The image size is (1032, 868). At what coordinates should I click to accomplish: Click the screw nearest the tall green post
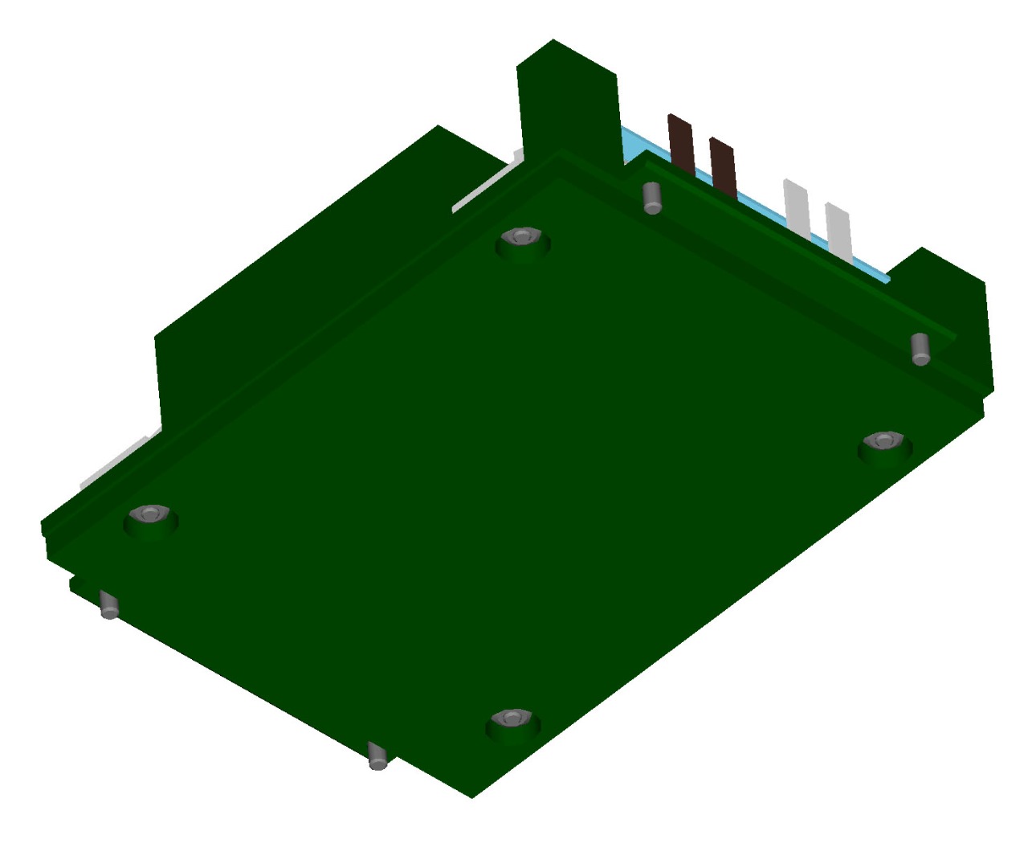point(522,238)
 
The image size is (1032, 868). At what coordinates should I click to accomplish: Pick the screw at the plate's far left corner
point(149,514)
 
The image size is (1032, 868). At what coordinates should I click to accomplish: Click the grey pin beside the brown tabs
point(652,197)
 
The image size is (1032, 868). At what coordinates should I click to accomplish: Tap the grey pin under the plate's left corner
point(108,604)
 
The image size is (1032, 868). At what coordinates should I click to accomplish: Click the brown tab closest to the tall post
point(681,145)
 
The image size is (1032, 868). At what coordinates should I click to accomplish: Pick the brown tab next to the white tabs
point(723,167)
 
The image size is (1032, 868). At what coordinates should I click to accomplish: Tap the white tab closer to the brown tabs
point(797,207)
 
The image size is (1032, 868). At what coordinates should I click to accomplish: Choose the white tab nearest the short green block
point(838,231)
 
